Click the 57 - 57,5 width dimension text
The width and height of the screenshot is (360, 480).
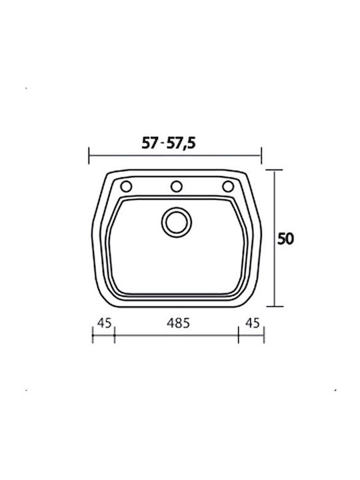(169, 143)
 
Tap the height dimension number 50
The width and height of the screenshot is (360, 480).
(285, 239)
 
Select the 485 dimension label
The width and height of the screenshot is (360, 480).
(178, 323)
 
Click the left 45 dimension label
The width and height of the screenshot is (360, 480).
(105, 323)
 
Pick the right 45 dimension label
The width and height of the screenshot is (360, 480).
(253, 323)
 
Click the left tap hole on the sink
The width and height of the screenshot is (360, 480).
(126, 187)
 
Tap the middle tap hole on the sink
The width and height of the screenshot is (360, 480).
(176, 187)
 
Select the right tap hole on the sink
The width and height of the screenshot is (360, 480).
(228, 187)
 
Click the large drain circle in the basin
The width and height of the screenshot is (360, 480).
(176, 222)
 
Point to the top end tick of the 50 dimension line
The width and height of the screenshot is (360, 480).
(274, 170)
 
